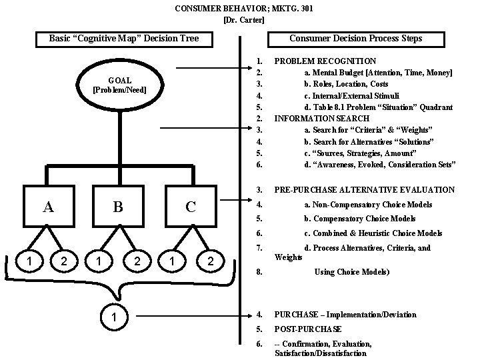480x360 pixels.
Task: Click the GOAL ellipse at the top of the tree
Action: tap(119, 85)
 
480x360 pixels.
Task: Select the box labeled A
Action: tap(49, 206)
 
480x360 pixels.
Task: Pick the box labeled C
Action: tap(191, 206)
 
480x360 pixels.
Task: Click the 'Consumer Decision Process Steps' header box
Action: tap(355, 39)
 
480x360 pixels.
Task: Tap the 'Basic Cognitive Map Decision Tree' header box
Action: tap(123, 39)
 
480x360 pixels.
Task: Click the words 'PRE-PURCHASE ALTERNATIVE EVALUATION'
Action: tap(364, 190)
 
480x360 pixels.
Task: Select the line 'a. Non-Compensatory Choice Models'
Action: tap(368, 205)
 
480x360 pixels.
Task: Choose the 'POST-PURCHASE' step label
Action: tap(307, 329)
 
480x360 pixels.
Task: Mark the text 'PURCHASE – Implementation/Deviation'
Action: tap(345, 315)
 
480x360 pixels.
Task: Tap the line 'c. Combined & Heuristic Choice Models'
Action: tap(373, 233)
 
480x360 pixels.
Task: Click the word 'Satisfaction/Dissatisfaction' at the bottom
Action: tap(321, 353)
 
